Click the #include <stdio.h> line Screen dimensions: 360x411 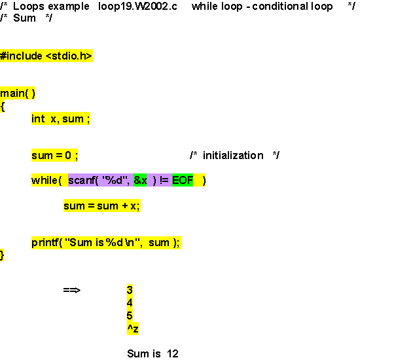[46, 56]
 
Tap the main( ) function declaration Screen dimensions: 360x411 [18, 94]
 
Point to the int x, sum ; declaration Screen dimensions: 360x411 [60, 118]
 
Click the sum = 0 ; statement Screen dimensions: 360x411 [55, 156]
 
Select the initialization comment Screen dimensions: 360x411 [234, 156]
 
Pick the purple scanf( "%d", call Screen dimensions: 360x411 [99, 181]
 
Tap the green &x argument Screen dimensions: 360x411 [140, 181]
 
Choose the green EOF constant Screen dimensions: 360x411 [183, 181]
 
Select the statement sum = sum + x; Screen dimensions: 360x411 [101, 206]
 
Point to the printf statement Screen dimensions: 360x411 [105, 243]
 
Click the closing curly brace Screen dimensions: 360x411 [3, 255]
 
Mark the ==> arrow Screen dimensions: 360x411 [71, 290]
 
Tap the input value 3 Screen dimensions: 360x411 [130, 290]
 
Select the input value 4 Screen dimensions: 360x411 [130, 302]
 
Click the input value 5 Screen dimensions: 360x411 [130, 315]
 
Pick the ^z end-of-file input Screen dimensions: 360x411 [132, 328]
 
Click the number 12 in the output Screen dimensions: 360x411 [172, 353]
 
